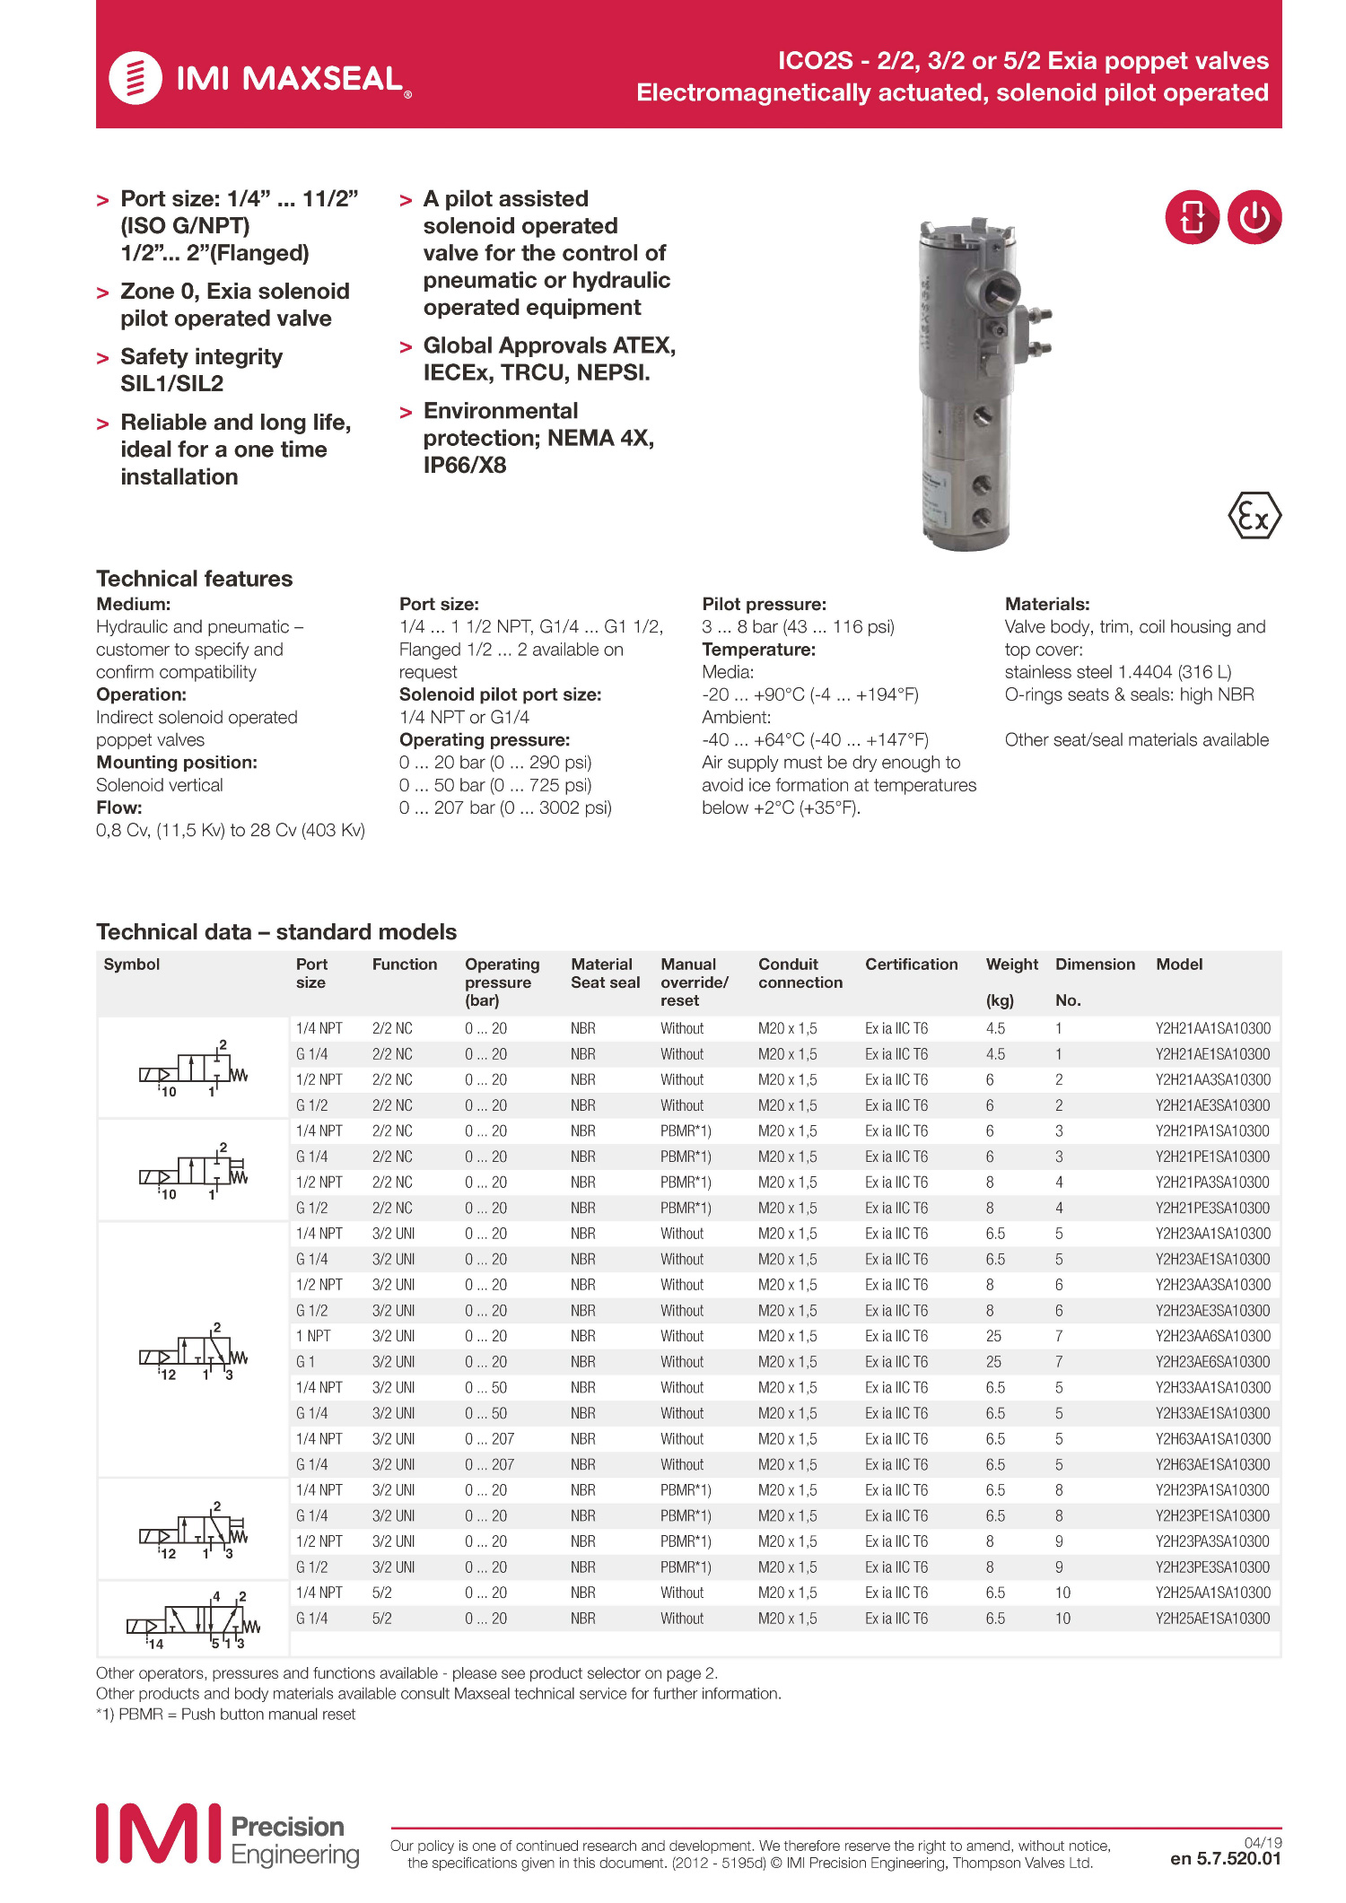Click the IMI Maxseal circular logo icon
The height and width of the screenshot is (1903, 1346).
135,78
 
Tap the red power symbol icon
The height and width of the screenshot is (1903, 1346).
1254,217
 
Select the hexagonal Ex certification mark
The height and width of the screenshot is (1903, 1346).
1254,516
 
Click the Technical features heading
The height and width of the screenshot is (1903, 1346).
194,579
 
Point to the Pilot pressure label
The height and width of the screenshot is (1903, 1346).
764,604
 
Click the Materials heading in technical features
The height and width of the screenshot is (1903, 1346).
1047,604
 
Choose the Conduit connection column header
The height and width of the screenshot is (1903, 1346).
800,973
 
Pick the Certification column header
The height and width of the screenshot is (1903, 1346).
911,965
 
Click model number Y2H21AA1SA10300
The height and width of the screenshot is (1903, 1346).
1212,1028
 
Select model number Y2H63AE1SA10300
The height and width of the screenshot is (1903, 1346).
1212,1464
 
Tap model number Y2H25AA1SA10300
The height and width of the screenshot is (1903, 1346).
1212,1593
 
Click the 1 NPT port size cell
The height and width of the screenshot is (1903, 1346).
313,1336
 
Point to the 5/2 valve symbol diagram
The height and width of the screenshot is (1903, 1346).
193,1619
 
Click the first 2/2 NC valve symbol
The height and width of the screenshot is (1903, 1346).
193,1068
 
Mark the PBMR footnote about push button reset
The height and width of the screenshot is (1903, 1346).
225,1714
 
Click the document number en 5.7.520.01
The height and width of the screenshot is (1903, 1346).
1225,1858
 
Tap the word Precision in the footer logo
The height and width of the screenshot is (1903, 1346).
287,1827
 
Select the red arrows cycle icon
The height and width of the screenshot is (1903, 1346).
1192,217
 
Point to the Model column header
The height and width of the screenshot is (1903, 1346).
1179,965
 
